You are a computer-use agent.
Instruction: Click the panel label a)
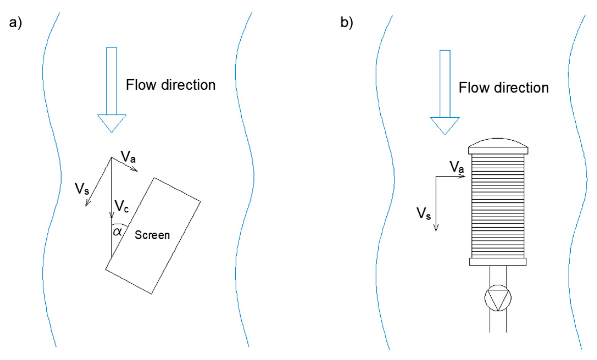(x=15, y=23)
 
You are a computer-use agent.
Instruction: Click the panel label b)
(x=347, y=23)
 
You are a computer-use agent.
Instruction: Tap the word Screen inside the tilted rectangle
(x=152, y=235)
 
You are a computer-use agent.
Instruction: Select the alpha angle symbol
(x=118, y=231)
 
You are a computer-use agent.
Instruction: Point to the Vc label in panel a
(x=121, y=206)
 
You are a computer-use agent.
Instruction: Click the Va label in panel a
(x=128, y=157)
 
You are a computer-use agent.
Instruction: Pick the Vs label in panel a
(x=82, y=189)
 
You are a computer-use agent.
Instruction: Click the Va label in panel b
(x=456, y=167)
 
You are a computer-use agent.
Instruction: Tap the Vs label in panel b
(x=423, y=213)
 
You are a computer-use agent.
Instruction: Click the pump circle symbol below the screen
(x=498, y=298)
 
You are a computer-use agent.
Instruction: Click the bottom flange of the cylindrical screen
(x=498, y=262)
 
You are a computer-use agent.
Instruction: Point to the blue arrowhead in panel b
(x=445, y=125)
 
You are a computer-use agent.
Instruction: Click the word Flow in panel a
(x=141, y=85)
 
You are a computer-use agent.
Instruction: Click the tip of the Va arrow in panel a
(x=137, y=171)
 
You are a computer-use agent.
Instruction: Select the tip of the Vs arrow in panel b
(x=436, y=231)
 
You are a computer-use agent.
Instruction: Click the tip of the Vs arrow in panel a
(x=86, y=205)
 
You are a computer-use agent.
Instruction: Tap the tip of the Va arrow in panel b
(x=465, y=176)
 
